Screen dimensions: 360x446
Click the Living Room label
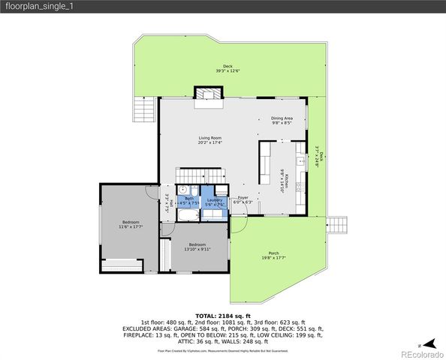[209, 140]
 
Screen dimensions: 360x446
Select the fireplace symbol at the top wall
[206, 94]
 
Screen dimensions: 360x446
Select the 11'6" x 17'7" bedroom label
[131, 223]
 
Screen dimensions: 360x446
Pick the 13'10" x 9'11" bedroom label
[197, 246]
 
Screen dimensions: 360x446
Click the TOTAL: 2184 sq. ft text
[222, 316]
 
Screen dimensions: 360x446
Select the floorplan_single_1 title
[38, 6]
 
